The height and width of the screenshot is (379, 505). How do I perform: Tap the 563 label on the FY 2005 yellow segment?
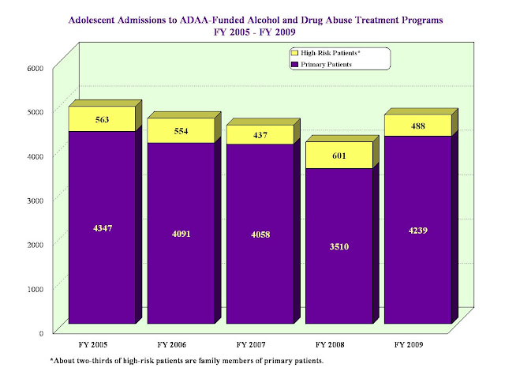click(x=102, y=121)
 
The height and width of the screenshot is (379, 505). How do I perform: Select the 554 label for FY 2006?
click(x=181, y=131)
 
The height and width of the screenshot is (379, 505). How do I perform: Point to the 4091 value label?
click(x=181, y=234)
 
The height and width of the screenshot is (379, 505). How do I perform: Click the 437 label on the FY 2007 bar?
click(x=260, y=135)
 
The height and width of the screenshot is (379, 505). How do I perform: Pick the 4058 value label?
click(x=260, y=235)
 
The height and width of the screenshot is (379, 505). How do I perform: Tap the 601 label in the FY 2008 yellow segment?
click(x=339, y=156)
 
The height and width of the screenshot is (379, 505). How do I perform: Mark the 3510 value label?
click(x=339, y=246)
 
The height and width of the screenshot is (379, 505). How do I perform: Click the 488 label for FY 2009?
click(x=417, y=126)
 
